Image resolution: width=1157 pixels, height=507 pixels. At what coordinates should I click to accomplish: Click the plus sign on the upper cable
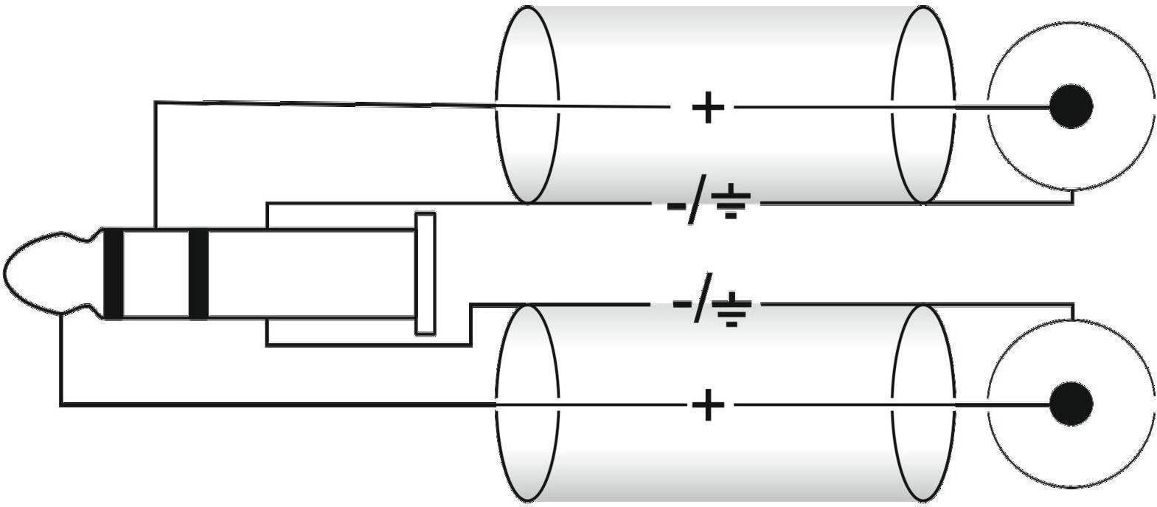[708, 108]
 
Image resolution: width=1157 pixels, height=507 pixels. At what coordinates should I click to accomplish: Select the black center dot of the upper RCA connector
[1071, 106]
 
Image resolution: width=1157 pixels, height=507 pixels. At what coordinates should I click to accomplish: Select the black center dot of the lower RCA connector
[1071, 404]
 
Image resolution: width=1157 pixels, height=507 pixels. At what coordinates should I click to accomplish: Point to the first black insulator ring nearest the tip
[114, 274]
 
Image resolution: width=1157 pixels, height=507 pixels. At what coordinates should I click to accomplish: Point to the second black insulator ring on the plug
[198, 274]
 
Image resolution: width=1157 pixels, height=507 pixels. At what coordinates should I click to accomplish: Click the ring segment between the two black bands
[156, 274]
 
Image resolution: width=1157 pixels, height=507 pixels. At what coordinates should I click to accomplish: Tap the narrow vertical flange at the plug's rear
[425, 273]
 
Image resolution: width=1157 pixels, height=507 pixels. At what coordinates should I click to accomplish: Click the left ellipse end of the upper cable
[527, 104]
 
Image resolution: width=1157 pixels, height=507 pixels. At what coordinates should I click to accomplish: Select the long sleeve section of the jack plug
[310, 274]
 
